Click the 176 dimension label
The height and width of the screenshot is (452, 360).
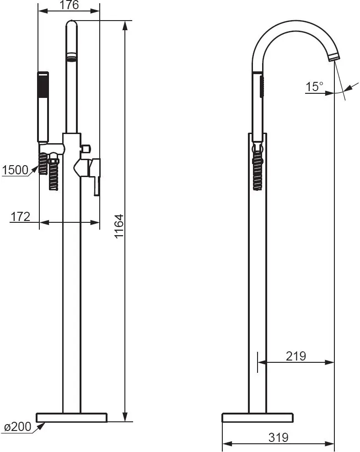pyautogui.click(x=70, y=5)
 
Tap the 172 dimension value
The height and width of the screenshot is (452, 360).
pyautogui.click(x=20, y=216)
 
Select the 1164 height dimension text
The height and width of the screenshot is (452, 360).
pyautogui.click(x=119, y=226)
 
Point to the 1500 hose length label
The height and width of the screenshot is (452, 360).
pyautogui.click(x=15, y=170)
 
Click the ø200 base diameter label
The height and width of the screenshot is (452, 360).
pyautogui.click(x=18, y=427)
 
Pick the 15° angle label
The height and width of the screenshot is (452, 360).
pyautogui.click(x=314, y=86)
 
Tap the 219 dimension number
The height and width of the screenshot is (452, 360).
pyautogui.click(x=296, y=356)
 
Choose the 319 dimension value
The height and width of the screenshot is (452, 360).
pyautogui.click(x=279, y=437)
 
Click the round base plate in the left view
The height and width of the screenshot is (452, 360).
pyautogui.click(x=72, y=417)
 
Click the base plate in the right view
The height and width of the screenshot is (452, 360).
pyautogui.click(x=258, y=417)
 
